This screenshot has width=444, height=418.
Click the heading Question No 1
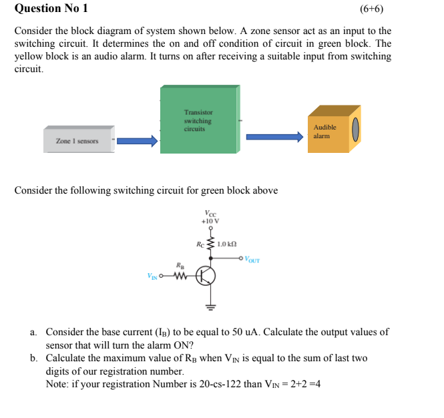point(51,9)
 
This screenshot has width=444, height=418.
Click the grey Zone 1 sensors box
point(78,140)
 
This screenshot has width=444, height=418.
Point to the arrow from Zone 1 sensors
point(138,140)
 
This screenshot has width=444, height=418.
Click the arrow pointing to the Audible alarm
point(274,136)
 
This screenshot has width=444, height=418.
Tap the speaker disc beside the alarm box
point(356,129)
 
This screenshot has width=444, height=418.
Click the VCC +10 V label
point(210,216)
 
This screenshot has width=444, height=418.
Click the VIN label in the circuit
point(152,276)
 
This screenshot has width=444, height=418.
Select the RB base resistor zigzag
point(178,275)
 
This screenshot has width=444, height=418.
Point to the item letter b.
point(33,359)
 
